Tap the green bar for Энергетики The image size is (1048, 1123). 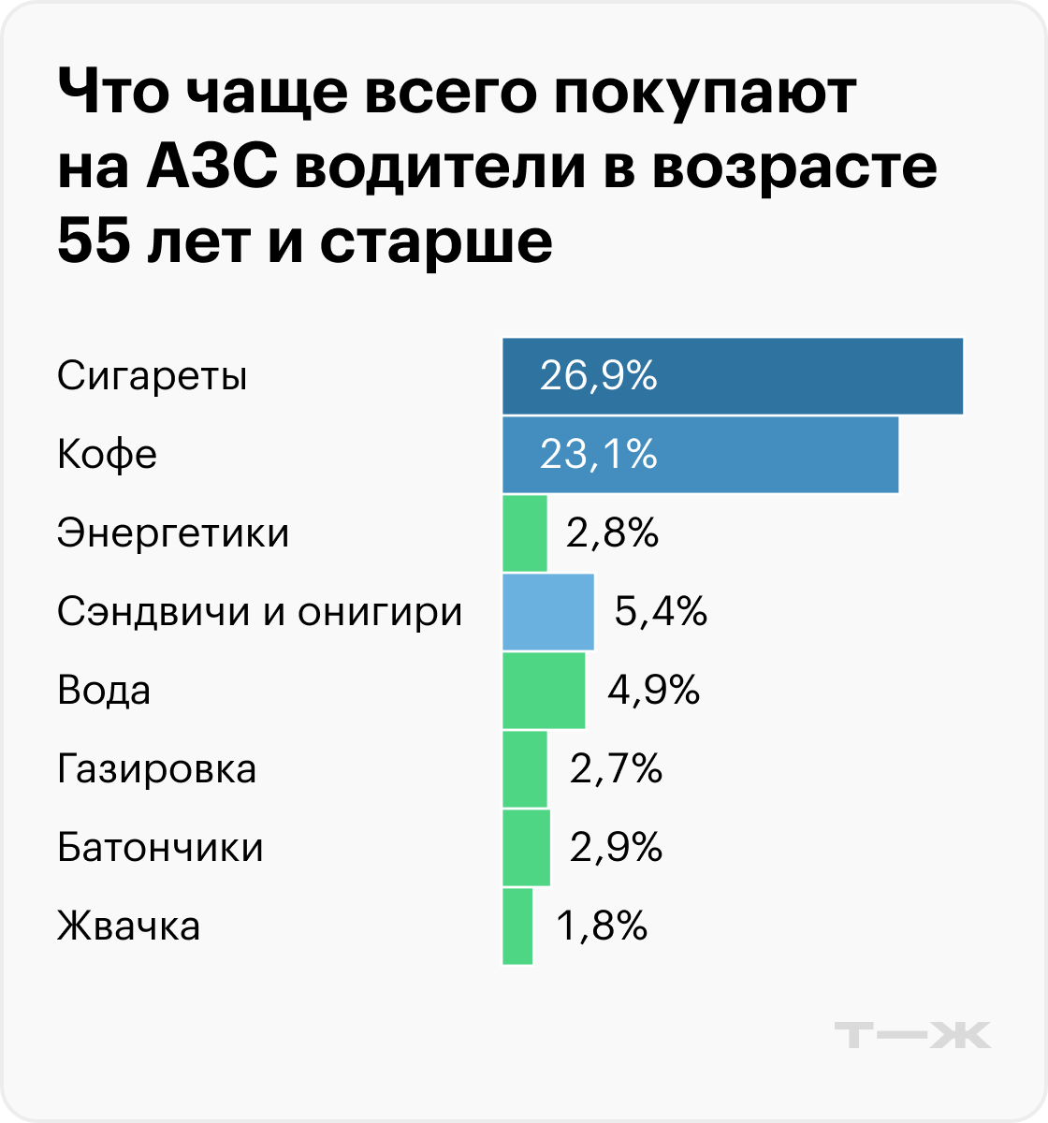coord(525,533)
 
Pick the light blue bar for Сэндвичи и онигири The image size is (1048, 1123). coord(548,612)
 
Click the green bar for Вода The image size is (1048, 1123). coord(544,691)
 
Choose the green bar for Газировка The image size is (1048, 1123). coord(525,769)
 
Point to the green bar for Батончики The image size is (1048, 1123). coord(526,848)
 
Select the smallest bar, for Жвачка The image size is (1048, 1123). coord(517,926)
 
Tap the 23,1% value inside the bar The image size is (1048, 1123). coord(599,455)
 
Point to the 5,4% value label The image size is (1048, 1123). coord(661,612)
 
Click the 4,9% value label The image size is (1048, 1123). coord(654,691)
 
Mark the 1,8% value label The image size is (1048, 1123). coord(602,926)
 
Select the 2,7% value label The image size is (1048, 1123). coord(616,769)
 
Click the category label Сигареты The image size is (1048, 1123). coord(153,376)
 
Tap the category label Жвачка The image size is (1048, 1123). coord(129,926)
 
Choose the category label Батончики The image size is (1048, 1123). coord(160,848)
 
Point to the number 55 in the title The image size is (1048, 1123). coord(93,241)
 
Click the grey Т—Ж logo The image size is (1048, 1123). coord(912,1035)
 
